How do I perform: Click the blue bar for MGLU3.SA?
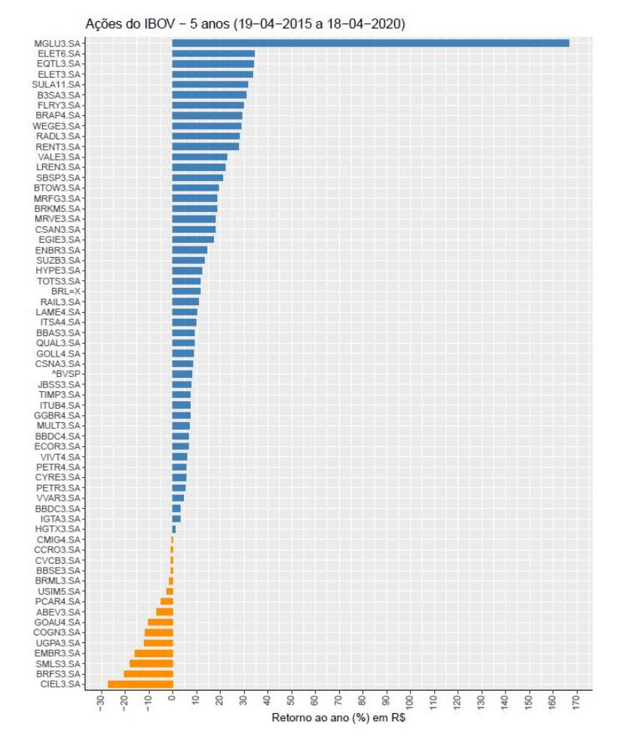[x=370, y=43]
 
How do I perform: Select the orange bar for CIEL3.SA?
[x=140, y=684]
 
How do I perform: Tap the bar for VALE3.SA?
[x=200, y=157]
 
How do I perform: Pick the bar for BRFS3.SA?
[x=148, y=673]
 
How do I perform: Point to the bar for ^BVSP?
[x=182, y=374]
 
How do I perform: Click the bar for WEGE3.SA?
[x=207, y=126]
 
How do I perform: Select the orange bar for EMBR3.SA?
[x=154, y=653]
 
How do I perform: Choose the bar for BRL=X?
[x=186, y=291]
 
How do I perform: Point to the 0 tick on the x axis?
[x=173, y=703]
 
